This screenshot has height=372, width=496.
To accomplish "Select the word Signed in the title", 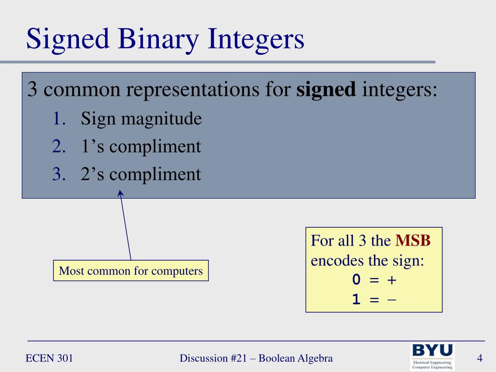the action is (x=68, y=39).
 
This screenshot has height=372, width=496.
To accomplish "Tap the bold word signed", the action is (x=326, y=90).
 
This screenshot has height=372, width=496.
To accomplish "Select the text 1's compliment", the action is (x=140, y=146).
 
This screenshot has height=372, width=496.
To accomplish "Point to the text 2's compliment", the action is (x=140, y=174).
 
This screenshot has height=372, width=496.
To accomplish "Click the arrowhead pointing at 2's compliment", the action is (x=121, y=193).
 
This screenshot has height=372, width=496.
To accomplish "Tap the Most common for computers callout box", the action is (x=131, y=271).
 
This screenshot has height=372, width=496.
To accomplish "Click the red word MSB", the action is (x=413, y=241).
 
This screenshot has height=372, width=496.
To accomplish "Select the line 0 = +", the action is (x=374, y=280).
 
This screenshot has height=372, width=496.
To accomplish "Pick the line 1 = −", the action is (x=374, y=300).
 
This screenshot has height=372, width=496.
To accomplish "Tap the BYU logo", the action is (x=432, y=356).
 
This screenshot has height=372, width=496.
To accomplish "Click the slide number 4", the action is (x=480, y=358).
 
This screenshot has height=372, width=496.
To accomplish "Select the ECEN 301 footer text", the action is (x=49, y=358).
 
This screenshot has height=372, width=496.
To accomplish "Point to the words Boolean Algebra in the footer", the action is (x=295, y=358).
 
